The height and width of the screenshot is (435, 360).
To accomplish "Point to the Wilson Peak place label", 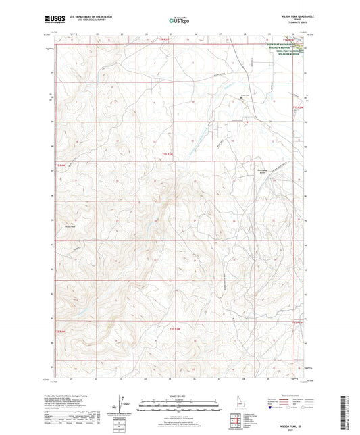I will click(70, 226).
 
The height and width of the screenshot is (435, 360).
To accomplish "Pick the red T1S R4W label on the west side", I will click(61, 165).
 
